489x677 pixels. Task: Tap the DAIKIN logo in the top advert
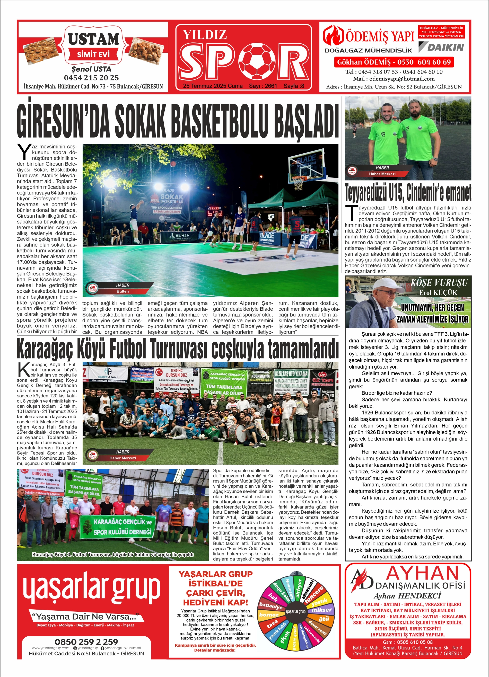[x=441, y=47]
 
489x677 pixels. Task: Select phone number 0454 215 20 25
[x=91, y=78]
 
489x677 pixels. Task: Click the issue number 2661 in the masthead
[x=271, y=86]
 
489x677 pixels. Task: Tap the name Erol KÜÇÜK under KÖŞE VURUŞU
[x=438, y=292]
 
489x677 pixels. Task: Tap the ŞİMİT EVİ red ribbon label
[x=93, y=54]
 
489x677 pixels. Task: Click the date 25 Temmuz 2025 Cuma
[x=213, y=86]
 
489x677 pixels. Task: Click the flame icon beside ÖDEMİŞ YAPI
[x=333, y=35]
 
